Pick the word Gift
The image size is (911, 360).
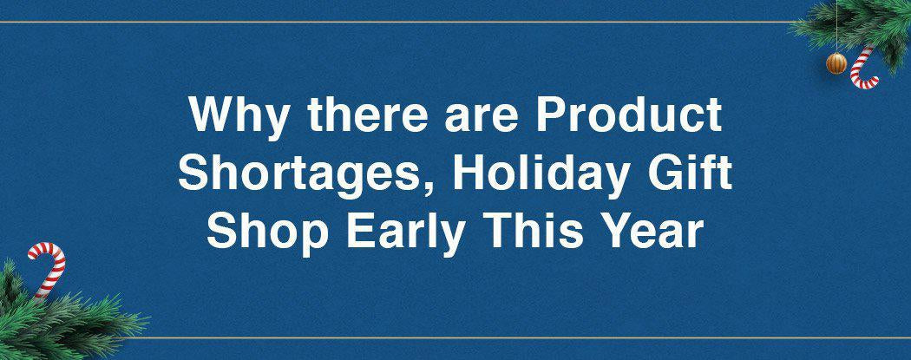coord(691,173)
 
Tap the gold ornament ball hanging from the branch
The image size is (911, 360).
coord(836,62)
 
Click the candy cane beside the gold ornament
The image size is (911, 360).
coord(863,68)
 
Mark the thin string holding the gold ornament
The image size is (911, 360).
coord(836,26)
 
